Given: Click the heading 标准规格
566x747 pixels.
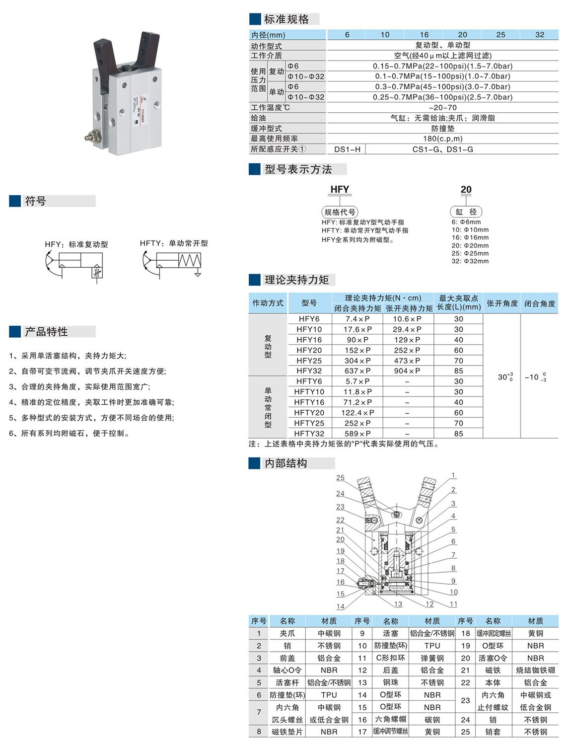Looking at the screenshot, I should pos(286,19).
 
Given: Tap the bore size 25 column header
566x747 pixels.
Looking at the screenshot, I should pos(500,35).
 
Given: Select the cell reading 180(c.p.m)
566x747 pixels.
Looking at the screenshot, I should pos(442,139).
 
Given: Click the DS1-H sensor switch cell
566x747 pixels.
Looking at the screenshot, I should pos(347,149).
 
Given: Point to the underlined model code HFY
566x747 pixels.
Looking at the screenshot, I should pos(340,189).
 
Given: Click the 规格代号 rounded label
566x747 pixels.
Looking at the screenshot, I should pos(340,212).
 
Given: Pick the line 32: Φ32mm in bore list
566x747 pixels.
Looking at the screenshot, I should pos(470,261).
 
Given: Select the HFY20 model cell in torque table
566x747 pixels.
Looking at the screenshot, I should pos(309,350).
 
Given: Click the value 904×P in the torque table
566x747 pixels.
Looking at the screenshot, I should pos(407,371).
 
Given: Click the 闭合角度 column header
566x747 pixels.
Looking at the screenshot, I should pos(539,303).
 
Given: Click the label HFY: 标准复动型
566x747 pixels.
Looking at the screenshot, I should pos(76,244).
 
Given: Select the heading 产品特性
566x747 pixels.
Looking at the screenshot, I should pos(46,332).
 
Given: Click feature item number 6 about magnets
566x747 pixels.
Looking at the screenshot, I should pos(70,434).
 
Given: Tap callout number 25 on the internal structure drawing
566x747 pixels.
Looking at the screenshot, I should pos(340,478).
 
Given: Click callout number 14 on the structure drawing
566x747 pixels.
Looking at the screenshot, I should pos(340,606).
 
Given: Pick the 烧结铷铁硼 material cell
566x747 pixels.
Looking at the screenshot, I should pos(535,670).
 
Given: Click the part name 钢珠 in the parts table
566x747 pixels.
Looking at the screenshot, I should pos(390,682).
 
